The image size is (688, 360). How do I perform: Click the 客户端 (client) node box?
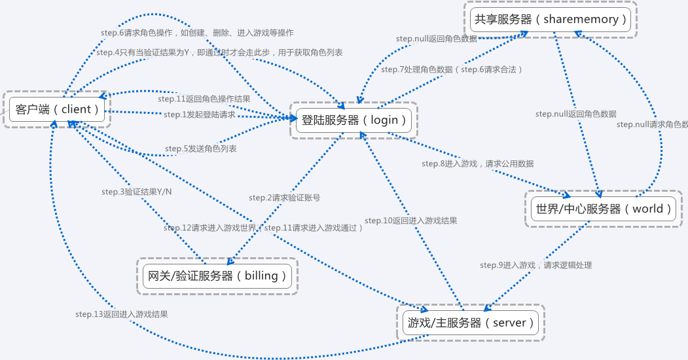click(x=56, y=109)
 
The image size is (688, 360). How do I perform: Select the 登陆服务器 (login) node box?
click(x=354, y=120)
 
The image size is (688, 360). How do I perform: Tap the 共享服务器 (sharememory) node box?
click(x=551, y=20)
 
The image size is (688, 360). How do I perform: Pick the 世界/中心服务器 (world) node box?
click(x=604, y=209)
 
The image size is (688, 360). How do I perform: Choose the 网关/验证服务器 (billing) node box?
click(x=217, y=276)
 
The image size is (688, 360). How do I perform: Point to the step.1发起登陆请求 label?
click(x=200, y=115)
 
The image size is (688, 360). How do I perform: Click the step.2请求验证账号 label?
click(x=284, y=197)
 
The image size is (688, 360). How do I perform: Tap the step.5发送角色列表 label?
click(x=201, y=149)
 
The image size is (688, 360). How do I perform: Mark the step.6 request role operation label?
click(x=196, y=33)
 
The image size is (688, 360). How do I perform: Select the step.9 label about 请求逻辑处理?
click(x=535, y=265)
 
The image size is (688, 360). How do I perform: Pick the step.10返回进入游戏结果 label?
click(x=410, y=221)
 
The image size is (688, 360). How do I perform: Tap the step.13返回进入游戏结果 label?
click(x=121, y=314)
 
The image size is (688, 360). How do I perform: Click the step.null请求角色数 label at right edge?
click(x=652, y=124)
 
